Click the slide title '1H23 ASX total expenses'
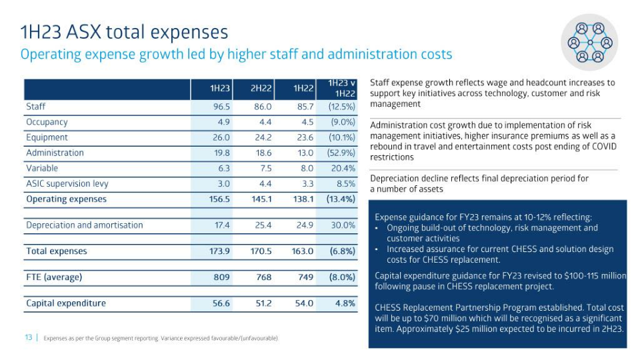point(124,31)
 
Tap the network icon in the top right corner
point(589,42)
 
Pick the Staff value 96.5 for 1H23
point(221,107)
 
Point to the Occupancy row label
point(47,122)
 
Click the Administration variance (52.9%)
point(341,153)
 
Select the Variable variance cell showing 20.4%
point(343,168)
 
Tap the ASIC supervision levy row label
point(67,183)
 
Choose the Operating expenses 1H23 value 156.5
point(219,199)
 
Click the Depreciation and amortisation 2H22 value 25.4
point(261,225)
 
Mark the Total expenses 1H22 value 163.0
point(302,251)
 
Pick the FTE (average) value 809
point(221,277)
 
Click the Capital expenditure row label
point(65,303)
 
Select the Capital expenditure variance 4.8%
point(345,303)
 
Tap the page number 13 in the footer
point(29,338)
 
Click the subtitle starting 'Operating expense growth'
point(236,54)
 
